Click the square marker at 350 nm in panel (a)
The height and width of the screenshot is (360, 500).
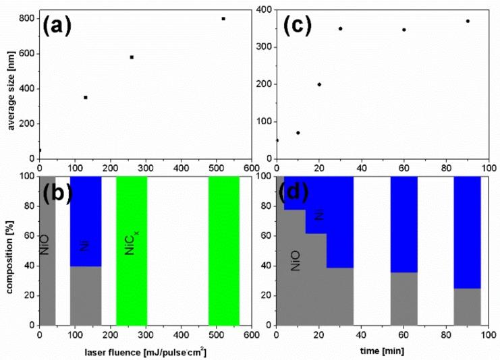coord(86,98)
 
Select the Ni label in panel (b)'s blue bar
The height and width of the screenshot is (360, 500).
coord(84,246)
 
